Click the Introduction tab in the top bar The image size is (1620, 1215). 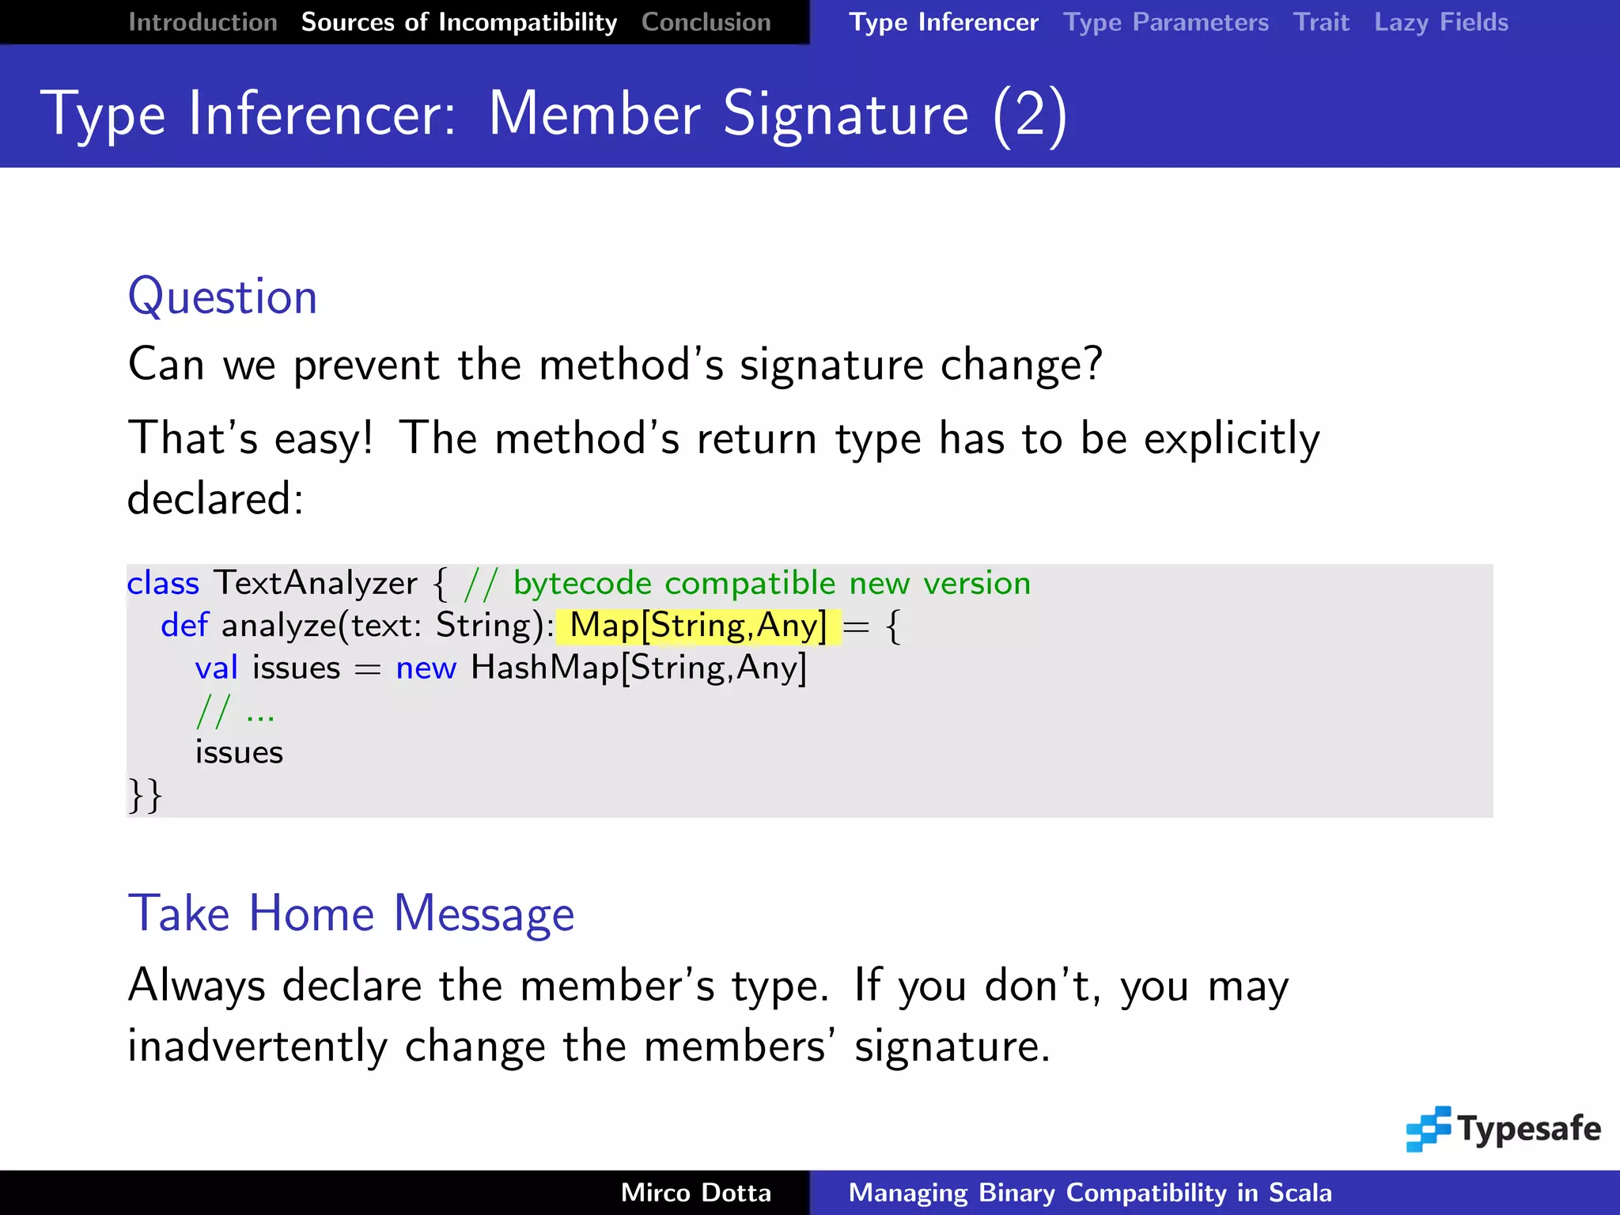point(202,22)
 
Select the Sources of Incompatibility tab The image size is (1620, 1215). point(459,22)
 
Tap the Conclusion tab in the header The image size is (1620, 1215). point(706,22)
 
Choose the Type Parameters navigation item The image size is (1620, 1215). point(1165,22)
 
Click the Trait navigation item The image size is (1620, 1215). point(1321,22)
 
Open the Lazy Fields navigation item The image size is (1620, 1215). point(1440,22)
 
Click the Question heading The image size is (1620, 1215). point(222,297)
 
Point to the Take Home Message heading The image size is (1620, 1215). point(350,914)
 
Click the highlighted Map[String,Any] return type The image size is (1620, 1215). point(698,626)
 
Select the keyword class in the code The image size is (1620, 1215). point(163,583)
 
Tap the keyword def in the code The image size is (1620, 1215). point(184,626)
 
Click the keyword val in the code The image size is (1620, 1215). point(216,668)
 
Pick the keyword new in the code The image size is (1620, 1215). point(426,668)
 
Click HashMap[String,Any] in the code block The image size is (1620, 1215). point(638,668)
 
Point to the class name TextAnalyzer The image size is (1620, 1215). point(315,583)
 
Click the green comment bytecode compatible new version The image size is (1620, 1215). point(771,583)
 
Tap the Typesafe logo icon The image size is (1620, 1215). point(1428,1129)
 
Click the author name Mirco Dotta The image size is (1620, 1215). point(695,1192)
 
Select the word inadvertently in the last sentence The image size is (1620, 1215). point(257,1047)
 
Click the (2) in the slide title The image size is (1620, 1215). point(1030,115)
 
